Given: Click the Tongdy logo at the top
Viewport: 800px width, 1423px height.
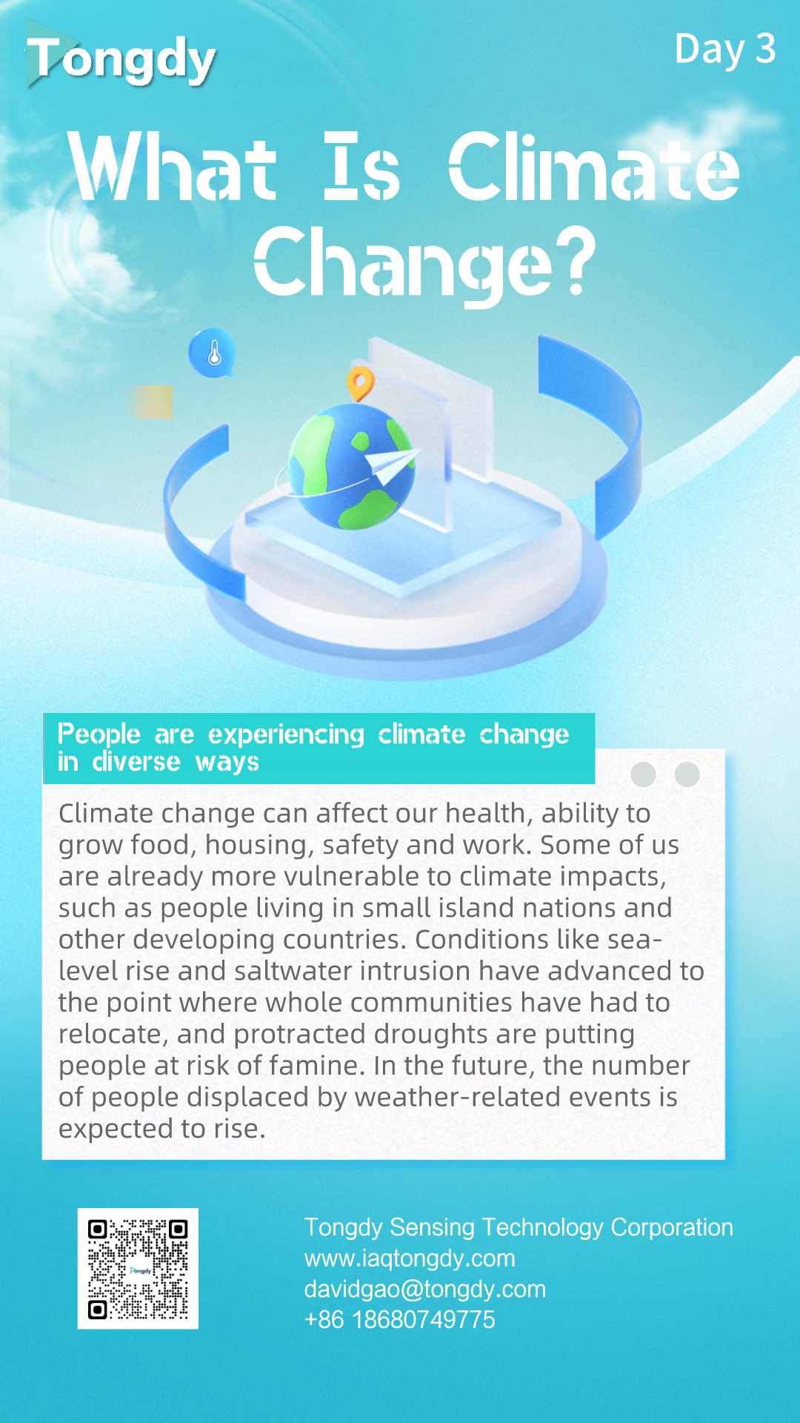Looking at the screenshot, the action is tap(121, 58).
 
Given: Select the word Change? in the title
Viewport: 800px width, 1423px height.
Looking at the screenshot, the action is tap(424, 263).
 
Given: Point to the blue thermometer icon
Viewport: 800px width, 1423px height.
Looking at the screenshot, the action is tap(213, 354).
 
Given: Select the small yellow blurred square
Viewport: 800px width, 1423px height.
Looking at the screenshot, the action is tap(152, 402).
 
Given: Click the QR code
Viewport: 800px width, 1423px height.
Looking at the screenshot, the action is tap(138, 1269).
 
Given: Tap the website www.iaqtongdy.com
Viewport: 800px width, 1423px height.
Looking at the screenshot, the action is tap(410, 1258).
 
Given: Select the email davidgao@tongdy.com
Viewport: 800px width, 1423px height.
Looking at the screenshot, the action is tap(424, 1290).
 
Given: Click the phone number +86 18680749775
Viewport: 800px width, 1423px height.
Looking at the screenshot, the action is tap(399, 1320).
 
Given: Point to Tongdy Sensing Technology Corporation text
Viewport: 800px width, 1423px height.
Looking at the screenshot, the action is tap(519, 1227).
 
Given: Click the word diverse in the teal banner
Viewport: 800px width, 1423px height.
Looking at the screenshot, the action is tap(136, 761).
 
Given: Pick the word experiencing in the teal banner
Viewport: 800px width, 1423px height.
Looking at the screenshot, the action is tap(286, 735).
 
